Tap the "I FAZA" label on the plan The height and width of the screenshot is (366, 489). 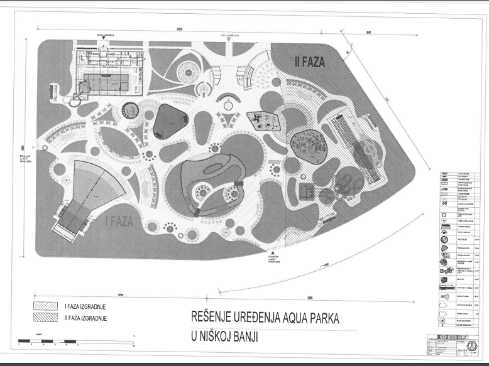(114, 222)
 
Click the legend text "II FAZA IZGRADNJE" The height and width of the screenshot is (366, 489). (85, 318)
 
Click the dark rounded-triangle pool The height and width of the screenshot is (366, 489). (168, 121)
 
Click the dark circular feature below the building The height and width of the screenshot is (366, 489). (129, 110)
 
